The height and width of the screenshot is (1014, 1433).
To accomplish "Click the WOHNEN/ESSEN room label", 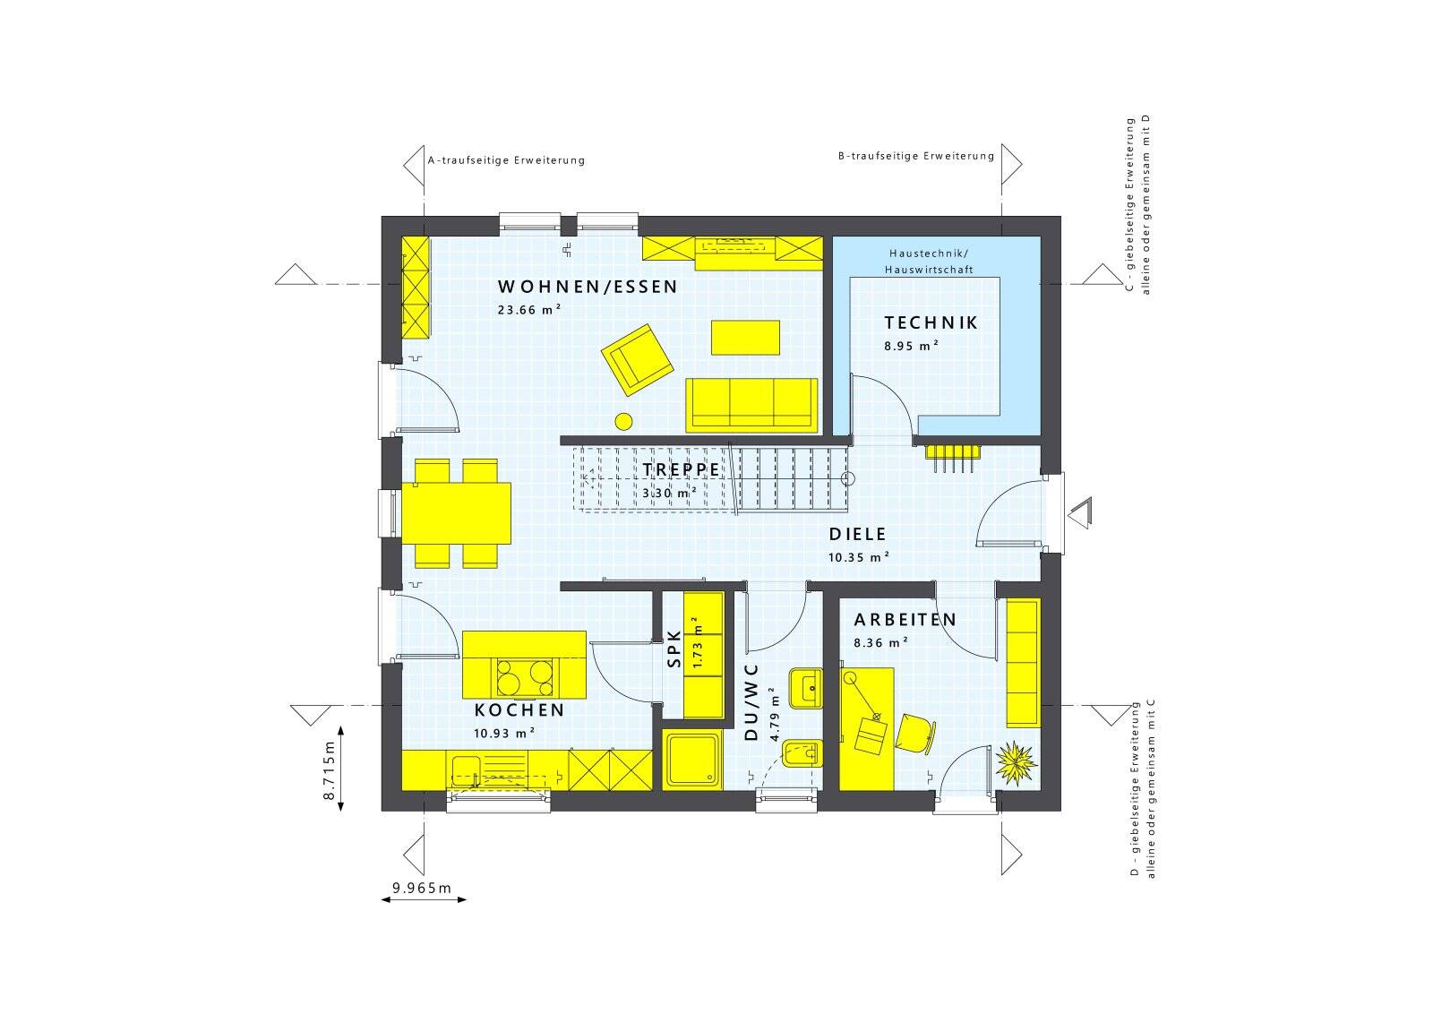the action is (588, 287).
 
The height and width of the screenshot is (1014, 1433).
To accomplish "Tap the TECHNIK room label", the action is (931, 323).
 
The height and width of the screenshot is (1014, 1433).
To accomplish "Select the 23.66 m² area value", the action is (529, 310).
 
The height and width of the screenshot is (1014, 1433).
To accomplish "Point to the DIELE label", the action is (857, 534).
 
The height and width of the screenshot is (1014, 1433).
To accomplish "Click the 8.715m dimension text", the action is (330, 770).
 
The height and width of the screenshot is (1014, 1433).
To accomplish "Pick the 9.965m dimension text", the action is (422, 888).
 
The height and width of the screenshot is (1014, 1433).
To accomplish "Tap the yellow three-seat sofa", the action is (751, 405).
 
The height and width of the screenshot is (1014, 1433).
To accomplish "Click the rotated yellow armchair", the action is (637, 359).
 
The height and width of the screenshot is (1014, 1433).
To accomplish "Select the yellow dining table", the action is (456, 513).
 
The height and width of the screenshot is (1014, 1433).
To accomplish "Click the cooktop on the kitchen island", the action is (525, 677).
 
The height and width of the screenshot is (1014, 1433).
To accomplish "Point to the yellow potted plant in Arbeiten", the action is (1016, 763).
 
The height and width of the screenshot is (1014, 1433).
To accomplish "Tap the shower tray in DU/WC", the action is (692, 760).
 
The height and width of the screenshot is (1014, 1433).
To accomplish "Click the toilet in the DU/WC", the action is (802, 753).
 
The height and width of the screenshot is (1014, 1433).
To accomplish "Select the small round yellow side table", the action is (623, 421).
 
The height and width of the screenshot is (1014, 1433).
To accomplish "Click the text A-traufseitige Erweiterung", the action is (506, 160).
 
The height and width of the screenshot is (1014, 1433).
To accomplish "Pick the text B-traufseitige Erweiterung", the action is (916, 156).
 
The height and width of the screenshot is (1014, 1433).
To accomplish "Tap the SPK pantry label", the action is (674, 649).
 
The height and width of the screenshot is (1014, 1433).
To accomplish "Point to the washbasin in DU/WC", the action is (806, 688).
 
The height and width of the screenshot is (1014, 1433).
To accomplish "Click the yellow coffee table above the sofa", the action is (745, 337).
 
